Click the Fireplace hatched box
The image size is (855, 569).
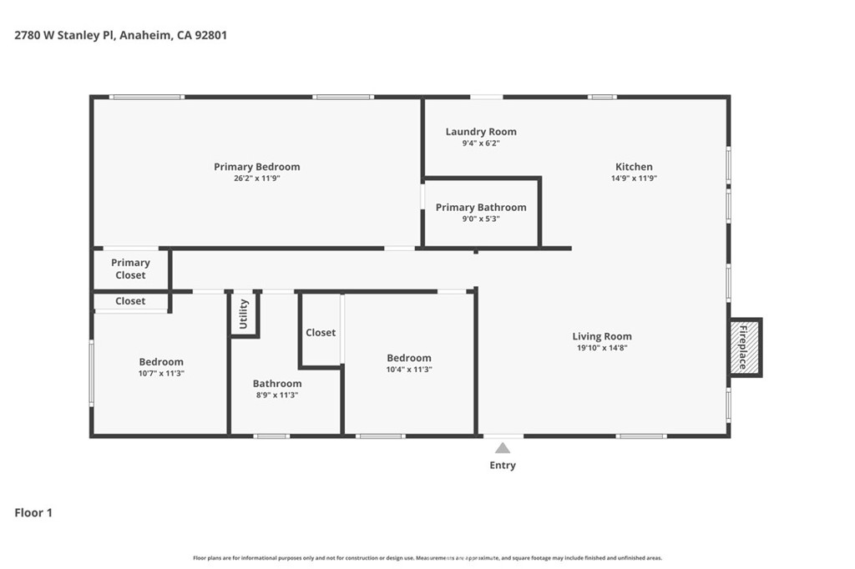[745, 347]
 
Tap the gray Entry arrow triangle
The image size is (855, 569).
[502, 448]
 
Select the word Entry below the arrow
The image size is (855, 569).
[502, 465]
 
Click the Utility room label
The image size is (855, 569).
[243, 314]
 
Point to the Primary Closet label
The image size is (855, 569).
[130, 269]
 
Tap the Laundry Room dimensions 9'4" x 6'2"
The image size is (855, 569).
[481, 144]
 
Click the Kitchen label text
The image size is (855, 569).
[634, 167]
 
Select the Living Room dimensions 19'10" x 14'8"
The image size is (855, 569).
[602, 348]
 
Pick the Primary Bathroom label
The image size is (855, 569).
[481, 207]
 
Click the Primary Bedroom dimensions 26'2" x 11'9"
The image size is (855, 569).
[257, 179]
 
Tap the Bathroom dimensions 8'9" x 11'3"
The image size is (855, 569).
[277, 395]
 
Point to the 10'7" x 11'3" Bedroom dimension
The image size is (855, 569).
[161, 373]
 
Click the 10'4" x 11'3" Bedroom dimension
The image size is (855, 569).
[409, 370]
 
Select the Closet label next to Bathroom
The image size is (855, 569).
[321, 332]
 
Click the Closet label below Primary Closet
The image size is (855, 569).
[130, 301]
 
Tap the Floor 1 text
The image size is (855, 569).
[33, 512]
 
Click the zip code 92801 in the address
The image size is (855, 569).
[210, 35]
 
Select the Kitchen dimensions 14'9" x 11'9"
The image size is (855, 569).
[634, 179]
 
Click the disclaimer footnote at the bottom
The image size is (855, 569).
[427, 558]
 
